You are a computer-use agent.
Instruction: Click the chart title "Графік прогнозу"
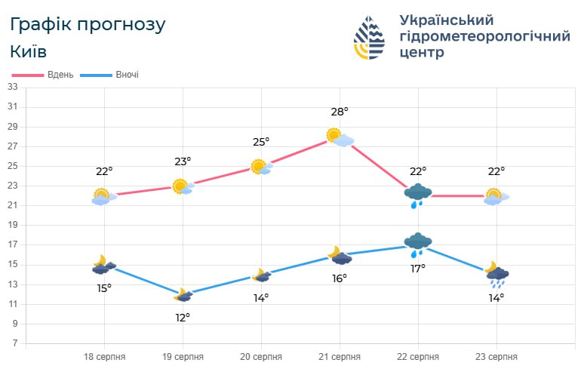tap(88, 24)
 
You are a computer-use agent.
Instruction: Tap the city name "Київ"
tap(29, 51)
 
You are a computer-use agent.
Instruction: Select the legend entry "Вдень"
tap(60, 75)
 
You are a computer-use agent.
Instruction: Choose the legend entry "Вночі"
tap(127, 75)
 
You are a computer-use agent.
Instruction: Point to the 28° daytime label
tap(340, 112)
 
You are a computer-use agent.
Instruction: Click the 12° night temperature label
tap(183, 317)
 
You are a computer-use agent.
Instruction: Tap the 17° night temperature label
tap(418, 268)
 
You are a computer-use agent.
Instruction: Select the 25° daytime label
tap(261, 142)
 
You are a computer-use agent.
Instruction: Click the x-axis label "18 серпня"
tap(104, 357)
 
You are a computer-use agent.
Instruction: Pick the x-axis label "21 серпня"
tap(340, 357)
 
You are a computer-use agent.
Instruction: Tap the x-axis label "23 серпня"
tap(496, 357)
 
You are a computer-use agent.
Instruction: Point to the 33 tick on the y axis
tap(12, 87)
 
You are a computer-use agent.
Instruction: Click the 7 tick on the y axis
tap(14, 344)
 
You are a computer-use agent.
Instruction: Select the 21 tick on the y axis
tap(12, 205)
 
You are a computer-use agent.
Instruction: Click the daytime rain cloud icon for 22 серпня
tap(417, 195)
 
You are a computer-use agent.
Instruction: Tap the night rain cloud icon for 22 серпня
tap(417, 244)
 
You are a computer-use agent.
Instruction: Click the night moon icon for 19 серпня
tap(183, 295)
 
